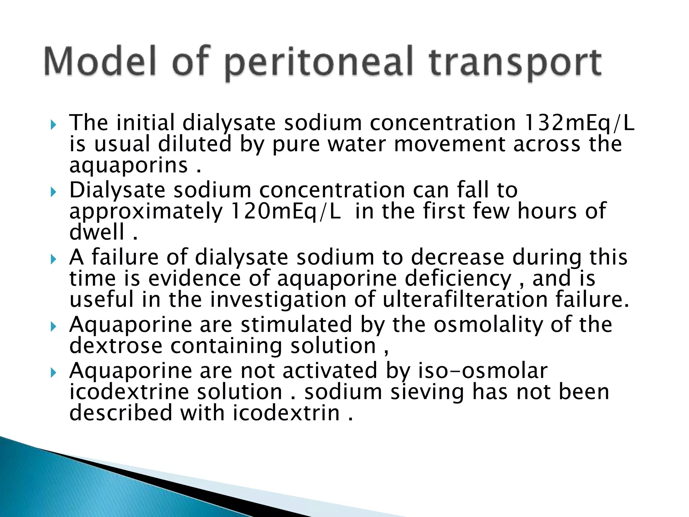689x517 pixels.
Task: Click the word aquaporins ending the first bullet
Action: [x=129, y=166]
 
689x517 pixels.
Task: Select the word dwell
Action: [x=97, y=232]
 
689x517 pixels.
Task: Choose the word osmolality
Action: [x=488, y=325]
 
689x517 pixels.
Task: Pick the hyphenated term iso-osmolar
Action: [x=483, y=371]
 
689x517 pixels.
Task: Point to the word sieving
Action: [x=427, y=392]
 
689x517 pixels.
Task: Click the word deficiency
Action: [x=458, y=279]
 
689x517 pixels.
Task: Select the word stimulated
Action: [x=296, y=325]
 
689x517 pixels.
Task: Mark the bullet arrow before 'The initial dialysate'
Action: [x=53, y=126]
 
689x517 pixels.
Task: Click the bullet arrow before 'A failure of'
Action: [x=53, y=260]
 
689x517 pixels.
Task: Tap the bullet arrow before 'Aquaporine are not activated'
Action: [x=53, y=373]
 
